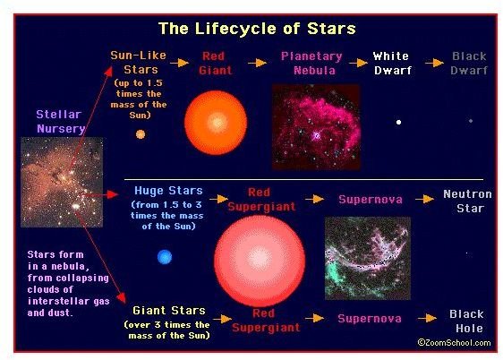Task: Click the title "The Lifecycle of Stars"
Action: (x=257, y=29)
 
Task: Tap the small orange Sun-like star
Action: (x=141, y=134)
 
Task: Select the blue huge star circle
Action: (x=165, y=257)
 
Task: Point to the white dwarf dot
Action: (x=398, y=122)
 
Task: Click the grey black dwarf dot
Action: (x=471, y=121)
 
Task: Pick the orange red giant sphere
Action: (x=216, y=123)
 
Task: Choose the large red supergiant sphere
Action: (x=260, y=261)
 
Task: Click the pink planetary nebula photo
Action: (x=316, y=127)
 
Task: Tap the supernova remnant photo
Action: (x=368, y=258)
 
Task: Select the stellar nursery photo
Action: (x=62, y=183)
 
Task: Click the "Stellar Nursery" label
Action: (x=60, y=121)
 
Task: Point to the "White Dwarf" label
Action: (x=392, y=64)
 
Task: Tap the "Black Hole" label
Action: (x=466, y=321)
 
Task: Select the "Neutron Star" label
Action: (x=468, y=201)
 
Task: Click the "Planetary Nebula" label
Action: (x=311, y=64)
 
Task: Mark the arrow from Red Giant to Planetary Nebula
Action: (x=257, y=63)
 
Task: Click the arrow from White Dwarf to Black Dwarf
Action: (x=435, y=63)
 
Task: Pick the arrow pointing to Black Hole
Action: (x=427, y=318)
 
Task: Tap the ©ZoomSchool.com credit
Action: (x=455, y=343)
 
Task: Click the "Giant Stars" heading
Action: (x=169, y=311)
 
